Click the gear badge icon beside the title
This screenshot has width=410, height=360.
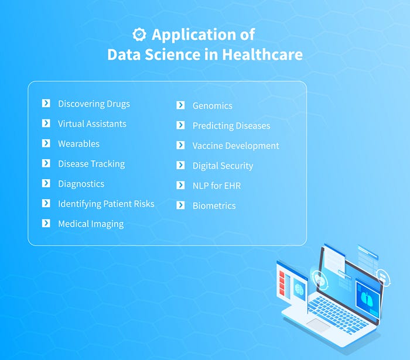pos(139,34)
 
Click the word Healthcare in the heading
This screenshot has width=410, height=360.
pos(262,54)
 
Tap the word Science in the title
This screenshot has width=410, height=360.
pos(173,54)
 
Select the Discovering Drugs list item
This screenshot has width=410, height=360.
pos(94,104)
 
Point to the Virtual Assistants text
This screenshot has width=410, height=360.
pos(92,124)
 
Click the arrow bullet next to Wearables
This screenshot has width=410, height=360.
pos(46,143)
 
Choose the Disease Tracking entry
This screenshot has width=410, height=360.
pos(91,164)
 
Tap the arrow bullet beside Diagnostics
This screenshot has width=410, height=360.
pos(46,183)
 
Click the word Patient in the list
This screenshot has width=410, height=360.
pos(117,204)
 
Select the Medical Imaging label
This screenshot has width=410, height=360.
pos(91,224)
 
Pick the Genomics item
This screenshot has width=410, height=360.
pos(212,106)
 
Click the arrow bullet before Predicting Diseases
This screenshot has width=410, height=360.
pos(180,125)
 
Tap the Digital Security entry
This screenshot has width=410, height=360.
pos(223,166)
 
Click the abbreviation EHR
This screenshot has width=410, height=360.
pos(232,186)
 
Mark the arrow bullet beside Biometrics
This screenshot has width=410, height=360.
pos(180,205)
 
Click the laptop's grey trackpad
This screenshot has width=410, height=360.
pos(319,325)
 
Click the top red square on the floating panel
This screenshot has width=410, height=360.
pos(282,274)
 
